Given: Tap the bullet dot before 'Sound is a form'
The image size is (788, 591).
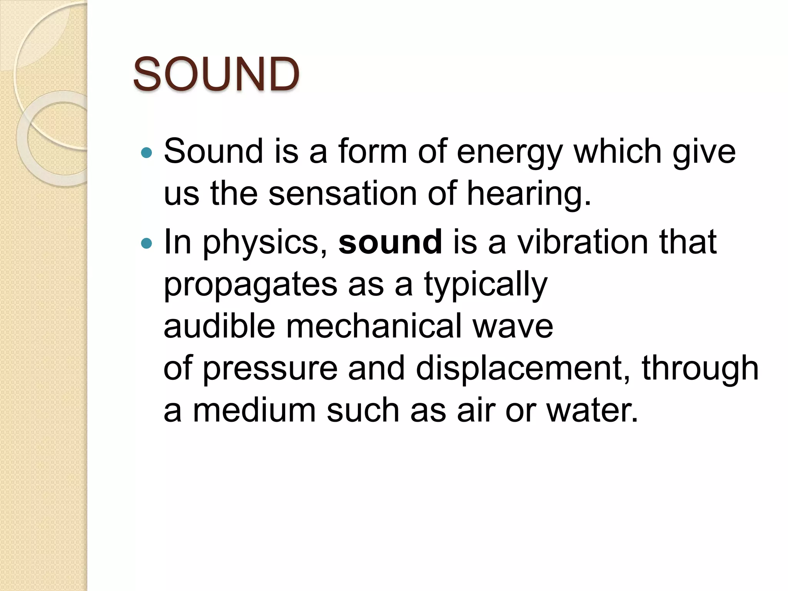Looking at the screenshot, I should pyautogui.click(x=147, y=153).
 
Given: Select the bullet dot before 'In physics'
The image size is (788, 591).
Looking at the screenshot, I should pyautogui.click(x=147, y=244).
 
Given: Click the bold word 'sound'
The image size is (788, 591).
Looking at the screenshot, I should pyautogui.click(x=390, y=242).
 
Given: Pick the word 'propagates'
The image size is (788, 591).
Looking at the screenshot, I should pyautogui.click(x=250, y=285).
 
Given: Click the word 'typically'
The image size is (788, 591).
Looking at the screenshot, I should pyautogui.click(x=486, y=285).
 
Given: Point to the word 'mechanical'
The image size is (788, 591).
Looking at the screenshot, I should pyautogui.click(x=374, y=326).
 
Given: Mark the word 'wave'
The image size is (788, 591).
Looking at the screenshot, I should pyautogui.click(x=513, y=327).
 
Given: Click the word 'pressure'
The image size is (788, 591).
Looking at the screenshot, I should pyautogui.click(x=270, y=369).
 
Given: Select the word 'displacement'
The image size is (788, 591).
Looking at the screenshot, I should pyautogui.click(x=518, y=369).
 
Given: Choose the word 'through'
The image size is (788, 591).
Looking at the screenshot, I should pyautogui.click(x=700, y=369).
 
